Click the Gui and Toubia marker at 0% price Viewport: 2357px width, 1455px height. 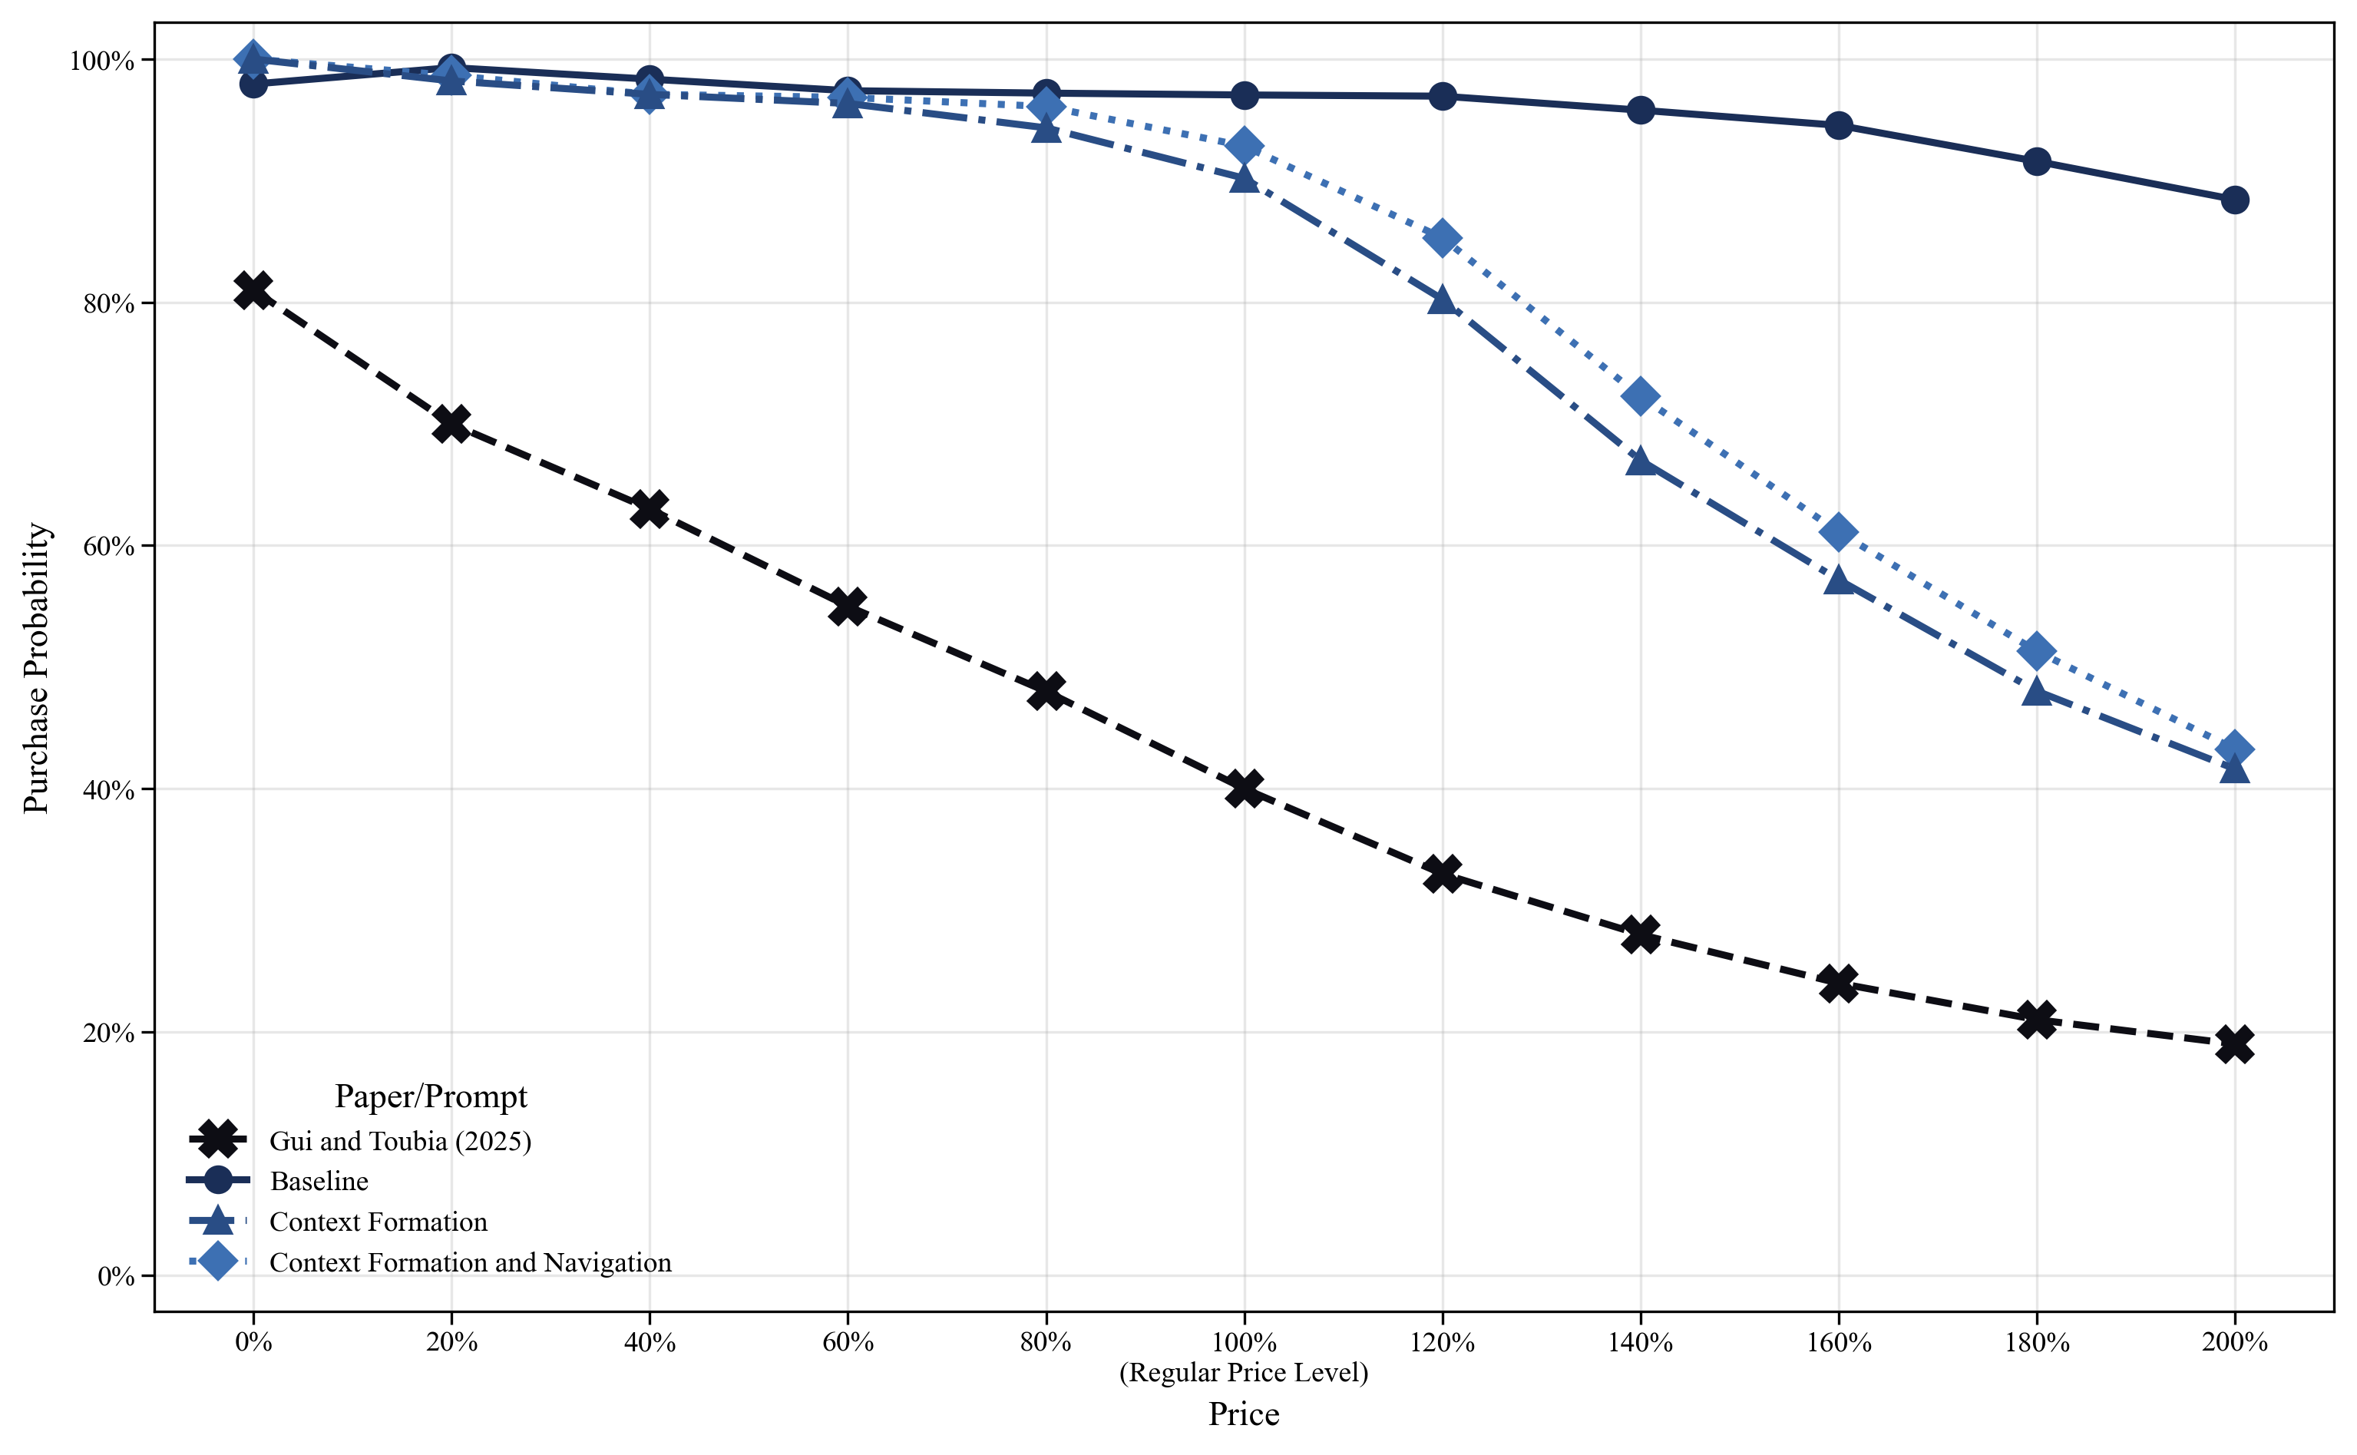(253, 289)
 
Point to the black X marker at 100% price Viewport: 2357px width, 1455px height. (1244, 789)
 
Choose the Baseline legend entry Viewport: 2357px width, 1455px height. (319, 1181)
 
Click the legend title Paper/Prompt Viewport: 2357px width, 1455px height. (430, 1096)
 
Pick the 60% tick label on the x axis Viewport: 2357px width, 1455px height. (848, 1342)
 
